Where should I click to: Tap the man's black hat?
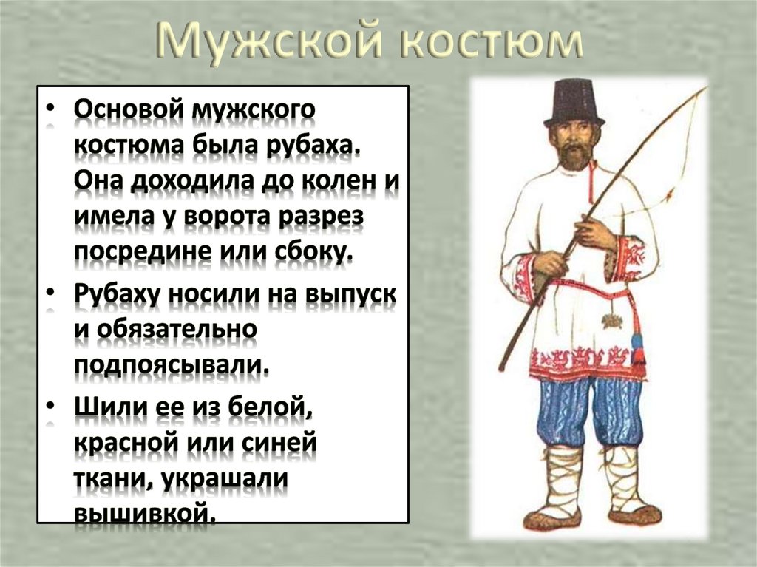pyautogui.click(x=574, y=103)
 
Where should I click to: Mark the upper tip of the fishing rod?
pyautogui.click(x=705, y=89)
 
